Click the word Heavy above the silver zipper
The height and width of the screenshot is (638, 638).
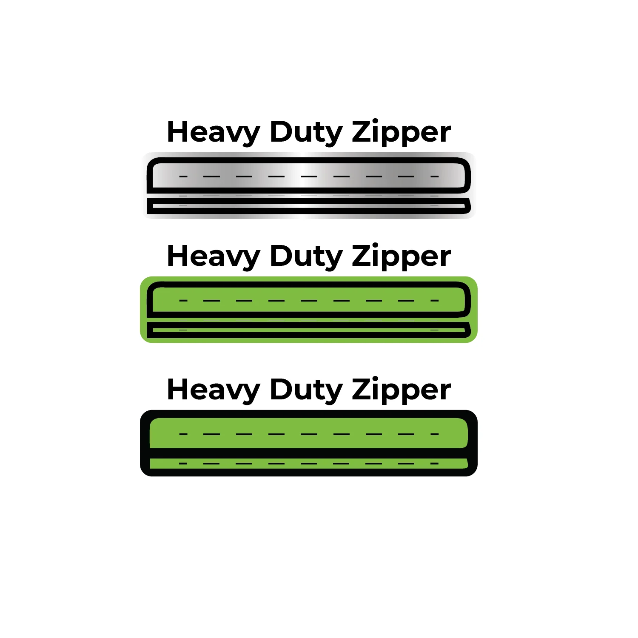point(214,133)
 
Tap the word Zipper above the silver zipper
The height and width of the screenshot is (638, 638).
point(401,132)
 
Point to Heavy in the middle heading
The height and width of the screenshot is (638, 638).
point(214,257)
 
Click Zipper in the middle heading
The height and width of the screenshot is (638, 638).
point(401,256)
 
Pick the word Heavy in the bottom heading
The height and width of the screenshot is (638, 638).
point(214,390)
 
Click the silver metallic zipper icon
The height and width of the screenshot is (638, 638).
point(309,185)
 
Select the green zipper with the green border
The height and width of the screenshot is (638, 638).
point(309,310)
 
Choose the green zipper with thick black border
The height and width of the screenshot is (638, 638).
point(309,443)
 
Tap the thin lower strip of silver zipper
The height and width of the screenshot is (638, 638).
point(309,206)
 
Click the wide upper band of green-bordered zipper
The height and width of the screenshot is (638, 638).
point(309,299)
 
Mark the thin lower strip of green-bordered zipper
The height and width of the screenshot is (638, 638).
point(309,330)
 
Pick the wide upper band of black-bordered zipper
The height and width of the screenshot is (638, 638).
point(309,433)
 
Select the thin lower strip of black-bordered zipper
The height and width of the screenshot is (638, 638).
point(309,463)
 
